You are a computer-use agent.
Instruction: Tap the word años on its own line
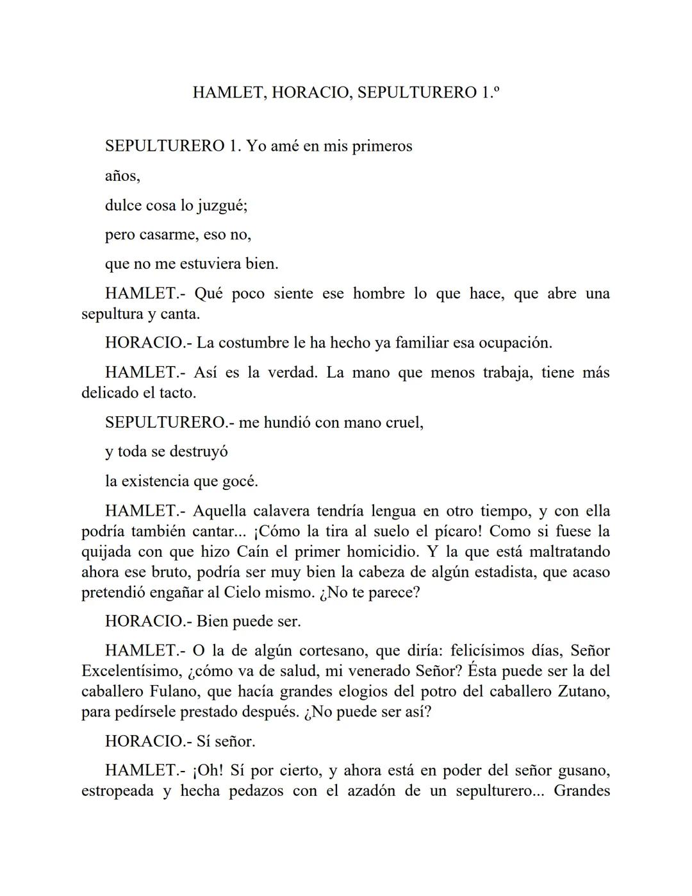tap(122, 176)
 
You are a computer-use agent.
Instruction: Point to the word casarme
tap(169, 235)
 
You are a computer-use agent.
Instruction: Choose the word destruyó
tap(198, 452)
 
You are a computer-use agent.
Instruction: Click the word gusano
tap(584, 770)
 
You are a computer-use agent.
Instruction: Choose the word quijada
tap(107, 552)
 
